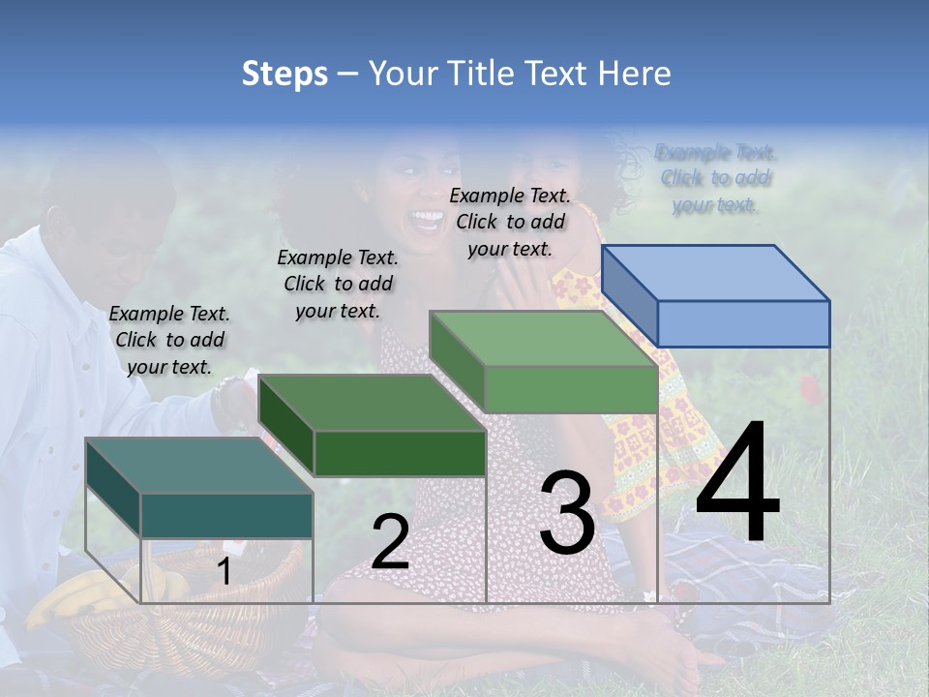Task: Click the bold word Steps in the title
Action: tap(285, 74)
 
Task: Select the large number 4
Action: tap(737, 483)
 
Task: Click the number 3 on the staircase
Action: tap(567, 512)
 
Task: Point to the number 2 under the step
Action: tap(390, 542)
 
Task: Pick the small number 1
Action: tap(224, 572)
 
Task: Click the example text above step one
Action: tap(169, 340)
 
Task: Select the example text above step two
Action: tap(338, 284)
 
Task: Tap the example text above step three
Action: tap(510, 222)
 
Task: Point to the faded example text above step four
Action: tap(715, 178)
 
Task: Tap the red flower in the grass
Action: tap(811, 389)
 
